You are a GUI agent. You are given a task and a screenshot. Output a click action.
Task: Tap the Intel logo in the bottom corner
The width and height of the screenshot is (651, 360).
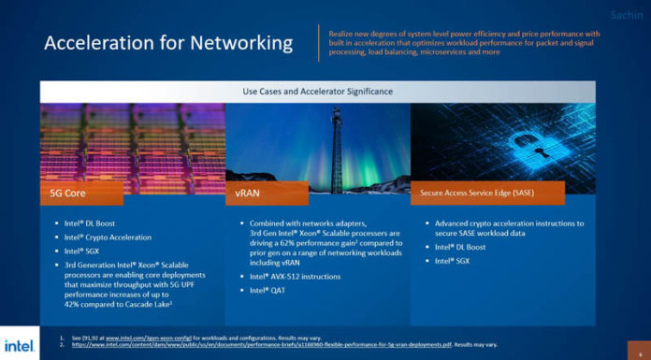20,343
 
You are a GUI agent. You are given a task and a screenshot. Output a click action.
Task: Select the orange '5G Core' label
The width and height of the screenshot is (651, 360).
81,194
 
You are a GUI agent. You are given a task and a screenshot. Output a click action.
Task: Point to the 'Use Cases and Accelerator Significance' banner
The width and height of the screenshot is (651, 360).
317,91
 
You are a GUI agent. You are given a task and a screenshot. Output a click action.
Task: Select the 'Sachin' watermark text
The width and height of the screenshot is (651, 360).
626,15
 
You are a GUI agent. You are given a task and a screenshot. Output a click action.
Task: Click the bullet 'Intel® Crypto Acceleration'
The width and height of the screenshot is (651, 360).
108,238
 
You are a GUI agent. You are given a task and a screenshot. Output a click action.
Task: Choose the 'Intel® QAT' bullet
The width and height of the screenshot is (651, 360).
269,291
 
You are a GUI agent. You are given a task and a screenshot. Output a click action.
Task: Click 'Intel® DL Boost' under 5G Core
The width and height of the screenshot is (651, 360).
93,223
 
